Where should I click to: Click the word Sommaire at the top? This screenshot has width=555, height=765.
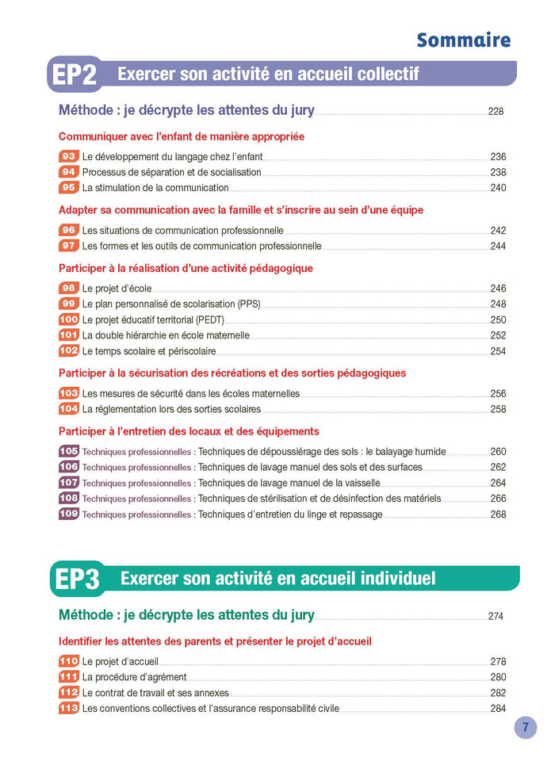point(463,40)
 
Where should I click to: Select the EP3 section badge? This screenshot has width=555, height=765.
point(76,579)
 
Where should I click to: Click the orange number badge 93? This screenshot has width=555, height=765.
point(69,157)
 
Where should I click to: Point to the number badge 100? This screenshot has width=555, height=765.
point(69,319)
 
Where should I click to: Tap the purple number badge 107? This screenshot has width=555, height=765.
point(69,483)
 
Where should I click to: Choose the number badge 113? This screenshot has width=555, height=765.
point(69,709)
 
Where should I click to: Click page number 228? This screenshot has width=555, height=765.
point(496,112)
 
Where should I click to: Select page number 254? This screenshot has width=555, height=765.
point(498,351)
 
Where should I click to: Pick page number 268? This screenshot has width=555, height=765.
point(498,514)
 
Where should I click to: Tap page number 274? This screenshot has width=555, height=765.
point(496,616)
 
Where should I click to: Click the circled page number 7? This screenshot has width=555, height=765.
point(525,727)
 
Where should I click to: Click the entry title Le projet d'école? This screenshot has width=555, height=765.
point(117,289)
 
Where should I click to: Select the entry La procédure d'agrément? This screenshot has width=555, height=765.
point(134,677)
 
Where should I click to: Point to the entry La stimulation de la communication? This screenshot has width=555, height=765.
point(155,188)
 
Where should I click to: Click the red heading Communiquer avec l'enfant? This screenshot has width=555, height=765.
point(182,136)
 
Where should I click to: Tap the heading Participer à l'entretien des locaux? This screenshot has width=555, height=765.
point(189,431)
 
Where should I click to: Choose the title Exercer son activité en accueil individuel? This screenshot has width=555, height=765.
point(277,579)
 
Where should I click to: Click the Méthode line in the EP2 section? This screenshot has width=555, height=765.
point(186,110)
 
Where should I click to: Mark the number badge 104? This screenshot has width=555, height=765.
point(69,409)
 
